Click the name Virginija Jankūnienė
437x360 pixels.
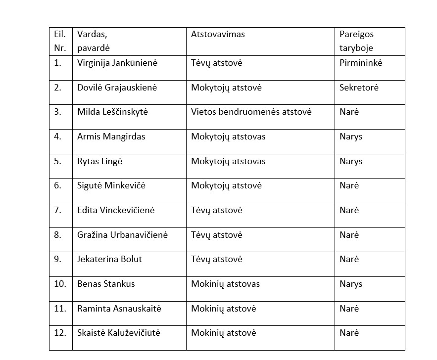117,63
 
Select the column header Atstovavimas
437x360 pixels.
218,35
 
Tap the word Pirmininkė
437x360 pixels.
361,63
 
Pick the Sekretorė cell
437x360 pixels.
359,88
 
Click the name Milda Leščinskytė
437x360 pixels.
112,112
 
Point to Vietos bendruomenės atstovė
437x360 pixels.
251,112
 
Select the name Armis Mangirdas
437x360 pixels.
111,137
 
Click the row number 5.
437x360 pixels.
58,161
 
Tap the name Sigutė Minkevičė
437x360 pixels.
111,186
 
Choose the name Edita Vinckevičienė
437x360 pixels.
116,210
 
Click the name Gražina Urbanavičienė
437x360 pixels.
122,235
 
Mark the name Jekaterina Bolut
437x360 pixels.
109,260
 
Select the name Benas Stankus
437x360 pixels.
106,284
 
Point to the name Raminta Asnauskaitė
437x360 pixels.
119,309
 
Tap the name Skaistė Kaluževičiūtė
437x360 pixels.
119,333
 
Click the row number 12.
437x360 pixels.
60,333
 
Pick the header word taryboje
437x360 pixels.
356,48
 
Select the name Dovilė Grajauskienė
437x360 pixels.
117,88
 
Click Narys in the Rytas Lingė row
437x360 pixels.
351,161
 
